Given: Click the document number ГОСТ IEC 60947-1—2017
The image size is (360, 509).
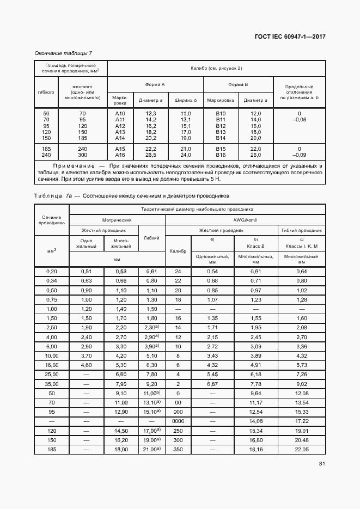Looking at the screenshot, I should (290, 38).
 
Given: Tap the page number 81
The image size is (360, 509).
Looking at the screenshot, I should (322, 464).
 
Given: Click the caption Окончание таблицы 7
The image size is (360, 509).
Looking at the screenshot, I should (63, 53).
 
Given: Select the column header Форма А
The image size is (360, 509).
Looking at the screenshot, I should (155, 85).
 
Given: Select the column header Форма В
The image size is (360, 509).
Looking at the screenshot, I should (238, 85).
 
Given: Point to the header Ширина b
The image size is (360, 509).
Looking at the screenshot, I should (186, 100).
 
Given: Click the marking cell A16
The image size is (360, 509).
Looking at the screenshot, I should (120, 155).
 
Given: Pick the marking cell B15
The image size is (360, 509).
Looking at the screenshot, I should (221, 149).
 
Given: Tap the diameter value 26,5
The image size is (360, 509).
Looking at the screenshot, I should (151, 155).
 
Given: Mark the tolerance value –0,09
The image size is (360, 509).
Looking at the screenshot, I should (299, 155).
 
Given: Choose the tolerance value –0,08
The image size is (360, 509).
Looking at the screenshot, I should (299, 119).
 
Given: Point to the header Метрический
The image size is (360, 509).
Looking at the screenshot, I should (117, 219).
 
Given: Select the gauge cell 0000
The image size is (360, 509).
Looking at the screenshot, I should (178, 421).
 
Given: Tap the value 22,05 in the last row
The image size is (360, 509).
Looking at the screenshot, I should (302, 449).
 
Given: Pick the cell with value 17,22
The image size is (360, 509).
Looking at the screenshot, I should (302, 421).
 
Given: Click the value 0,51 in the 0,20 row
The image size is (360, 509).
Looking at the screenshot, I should (86, 271).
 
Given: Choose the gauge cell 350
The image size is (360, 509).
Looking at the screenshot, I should (178, 449).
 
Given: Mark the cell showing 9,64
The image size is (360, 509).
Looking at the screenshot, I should (256, 393).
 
